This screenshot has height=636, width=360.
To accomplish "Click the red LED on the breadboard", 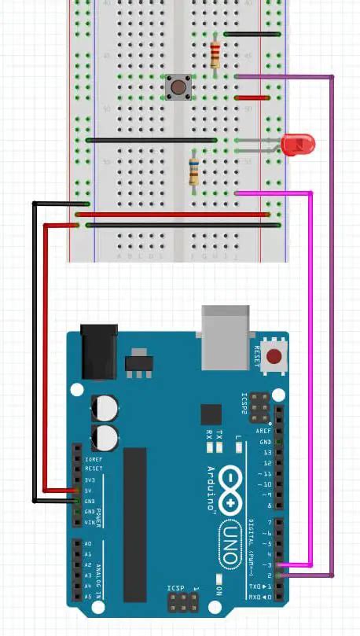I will coord(299,144).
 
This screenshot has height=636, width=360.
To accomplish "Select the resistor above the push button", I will coord(215,54).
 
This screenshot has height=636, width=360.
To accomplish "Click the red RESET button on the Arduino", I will coord(274,356).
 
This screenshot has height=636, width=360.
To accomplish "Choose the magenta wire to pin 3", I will coord(312,377).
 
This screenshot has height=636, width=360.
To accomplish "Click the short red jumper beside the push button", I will coord(252,98).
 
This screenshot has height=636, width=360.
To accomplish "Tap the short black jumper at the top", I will coord(252,35).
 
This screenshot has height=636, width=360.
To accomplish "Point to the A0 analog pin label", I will coord(86,543).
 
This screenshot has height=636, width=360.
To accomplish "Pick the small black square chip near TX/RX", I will coord(211,414).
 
